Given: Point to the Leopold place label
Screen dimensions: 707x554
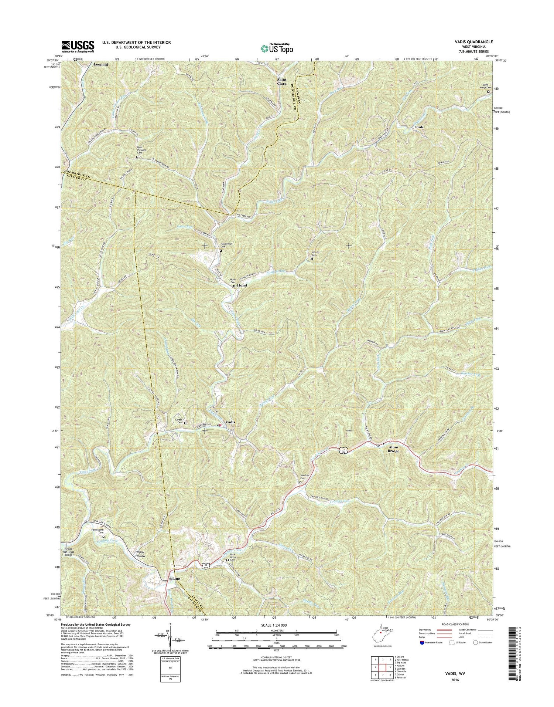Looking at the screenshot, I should click(101, 64).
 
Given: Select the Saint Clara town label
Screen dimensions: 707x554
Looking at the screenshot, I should click(282, 81).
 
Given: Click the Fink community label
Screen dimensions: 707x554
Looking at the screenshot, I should click(419, 127).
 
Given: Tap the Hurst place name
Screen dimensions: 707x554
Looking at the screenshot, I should click(242, 285).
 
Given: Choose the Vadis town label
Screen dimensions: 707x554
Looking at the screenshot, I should click(230, 422).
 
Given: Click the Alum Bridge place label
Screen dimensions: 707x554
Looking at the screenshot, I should click(393, 449).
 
